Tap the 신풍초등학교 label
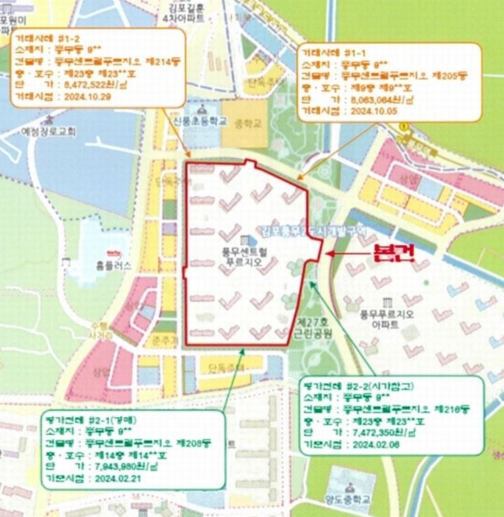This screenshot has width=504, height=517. (201, 122)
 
